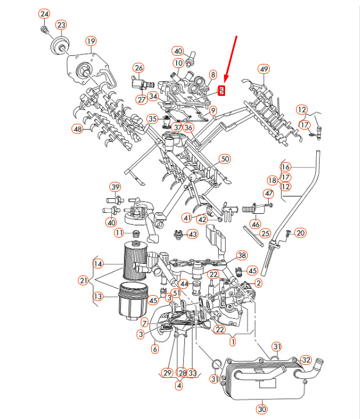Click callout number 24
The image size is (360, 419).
44,14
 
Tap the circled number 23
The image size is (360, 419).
61,25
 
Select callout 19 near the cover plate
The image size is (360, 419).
91,41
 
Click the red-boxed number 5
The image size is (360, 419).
221,90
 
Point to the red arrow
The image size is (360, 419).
230,59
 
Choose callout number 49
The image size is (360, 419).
264,70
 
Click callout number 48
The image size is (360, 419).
77,128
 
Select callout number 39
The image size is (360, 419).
115,187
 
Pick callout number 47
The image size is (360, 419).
269,194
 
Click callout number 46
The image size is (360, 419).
255,223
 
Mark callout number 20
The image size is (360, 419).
300,233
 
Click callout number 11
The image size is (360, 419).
119,233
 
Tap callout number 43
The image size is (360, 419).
192,234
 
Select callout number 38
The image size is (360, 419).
241,256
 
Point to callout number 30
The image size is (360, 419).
262,410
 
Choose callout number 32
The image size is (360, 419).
306,360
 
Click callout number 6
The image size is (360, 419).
155,349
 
